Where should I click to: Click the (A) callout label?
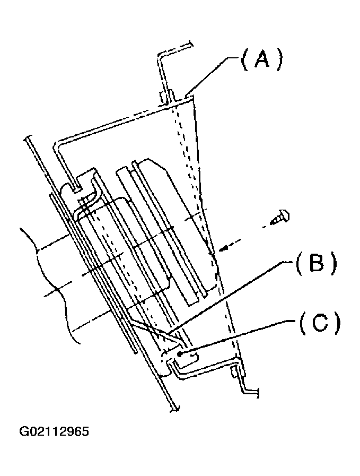261,60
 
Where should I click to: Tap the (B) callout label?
317,263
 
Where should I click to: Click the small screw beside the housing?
280,217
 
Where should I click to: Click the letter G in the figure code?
24,430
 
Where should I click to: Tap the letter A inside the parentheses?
261,60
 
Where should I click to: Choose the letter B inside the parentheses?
317,263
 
